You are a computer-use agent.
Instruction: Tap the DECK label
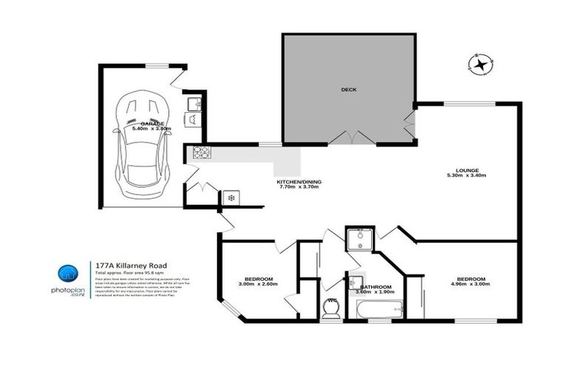tap(348, 89)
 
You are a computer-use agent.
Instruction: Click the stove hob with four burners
tap(201, 153)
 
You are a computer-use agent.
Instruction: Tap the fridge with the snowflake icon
tap(231, 197)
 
